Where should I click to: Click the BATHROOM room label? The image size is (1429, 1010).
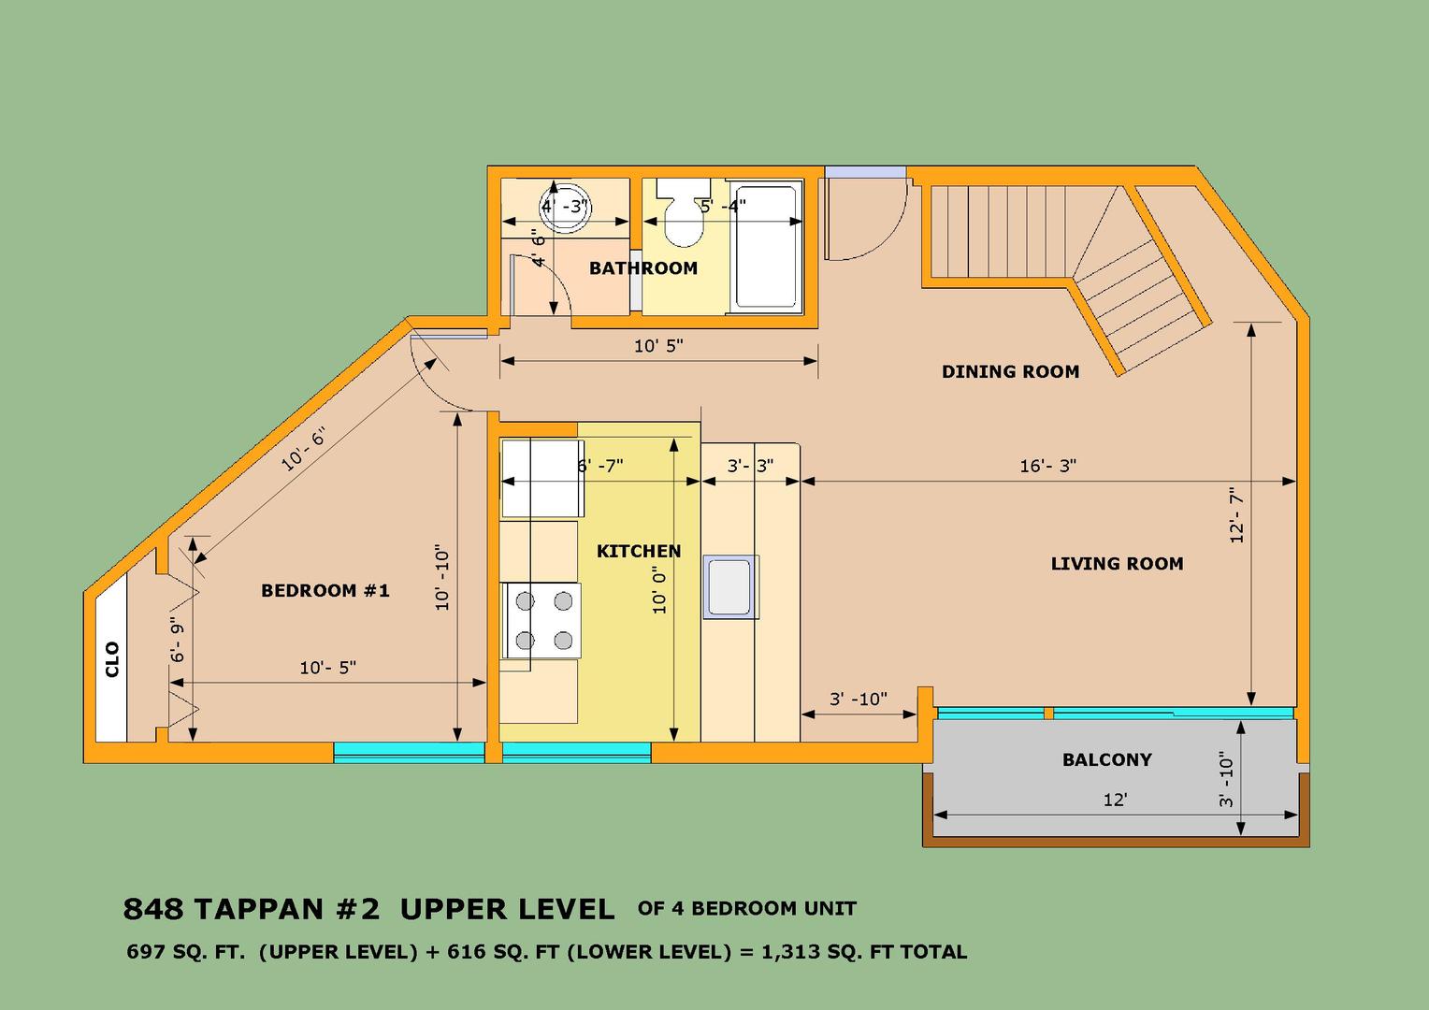pyautogui.click(x=643, y=268)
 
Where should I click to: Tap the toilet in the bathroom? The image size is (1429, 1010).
pyautogui.click(x=684, y=213)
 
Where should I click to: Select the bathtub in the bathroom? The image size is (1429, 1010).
pyautogui.click(x=766, y=247)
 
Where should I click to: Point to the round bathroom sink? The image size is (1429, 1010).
pyautogui.click(x=565, y=207)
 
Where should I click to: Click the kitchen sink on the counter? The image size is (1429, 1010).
pyautogui.click(x=730, y=587)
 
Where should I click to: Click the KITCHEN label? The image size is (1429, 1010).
pyautogui.click(x=639, y=551)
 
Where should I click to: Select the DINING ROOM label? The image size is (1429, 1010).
pyautogui.click(x=1011, y=371)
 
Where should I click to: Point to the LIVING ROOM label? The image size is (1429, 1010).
pyautogui.click(x=1117, y=564)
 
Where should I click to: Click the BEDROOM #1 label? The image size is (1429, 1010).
pyautogui.click(x=325, y=591)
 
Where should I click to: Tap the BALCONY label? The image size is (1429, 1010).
pyautogui.click(x=1107, y=760)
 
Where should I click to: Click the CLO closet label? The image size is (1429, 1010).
pyautogui.click(x=112, y=659)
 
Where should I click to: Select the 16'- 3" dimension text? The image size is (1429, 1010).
pyautogui.click(x=1047, y=466)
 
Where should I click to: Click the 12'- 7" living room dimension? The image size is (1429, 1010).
pyautogui.click(x=1237, y=515)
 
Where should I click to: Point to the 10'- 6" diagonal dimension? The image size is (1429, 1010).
pyautogui.click(x=305, y=448)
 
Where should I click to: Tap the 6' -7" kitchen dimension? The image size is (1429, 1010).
pyautogui.click(x=599, y=466)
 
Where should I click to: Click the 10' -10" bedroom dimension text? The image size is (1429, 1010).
pyautogui.click(x=442, y=577)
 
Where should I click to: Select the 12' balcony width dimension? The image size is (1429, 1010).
pyautogui.click(x=1115, y=800)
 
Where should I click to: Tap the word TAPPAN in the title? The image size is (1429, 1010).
pyautogui.click(x=259, y=909)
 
